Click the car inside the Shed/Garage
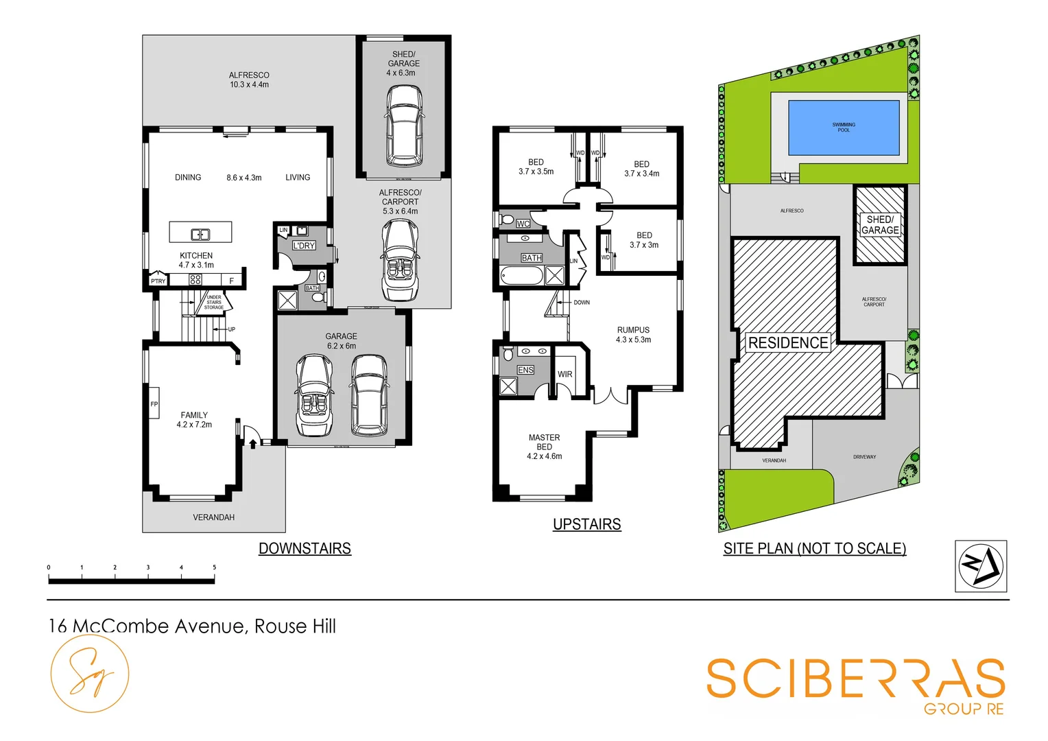403,126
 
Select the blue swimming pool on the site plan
843,128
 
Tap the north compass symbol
980,566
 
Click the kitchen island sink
200,235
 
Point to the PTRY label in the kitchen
158,281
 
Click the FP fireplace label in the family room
154,404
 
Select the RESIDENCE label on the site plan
787,342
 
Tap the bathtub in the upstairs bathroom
522,277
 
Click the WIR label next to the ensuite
564,374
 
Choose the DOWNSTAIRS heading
305,548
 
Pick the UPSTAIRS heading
586,524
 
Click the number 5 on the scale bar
214,567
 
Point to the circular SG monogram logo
90,673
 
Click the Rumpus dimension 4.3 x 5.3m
633,340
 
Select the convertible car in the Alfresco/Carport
400,261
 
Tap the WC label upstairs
523,224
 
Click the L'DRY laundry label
304,245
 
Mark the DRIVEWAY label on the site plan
864,456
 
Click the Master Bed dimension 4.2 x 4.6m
544,456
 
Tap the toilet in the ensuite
508,354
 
